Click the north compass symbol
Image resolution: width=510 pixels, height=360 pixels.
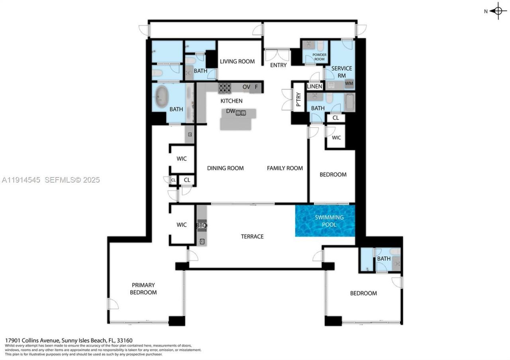[498, 11]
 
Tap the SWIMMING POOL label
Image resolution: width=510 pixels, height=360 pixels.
[329, 221]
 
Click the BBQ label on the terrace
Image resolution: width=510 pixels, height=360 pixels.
[201, 225]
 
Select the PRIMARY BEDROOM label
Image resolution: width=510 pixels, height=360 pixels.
[144, 289]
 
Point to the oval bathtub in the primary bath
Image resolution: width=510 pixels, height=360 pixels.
[162, 96]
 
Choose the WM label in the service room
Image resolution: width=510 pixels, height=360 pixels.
[349, 84]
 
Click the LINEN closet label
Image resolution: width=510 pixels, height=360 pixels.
[314, 86]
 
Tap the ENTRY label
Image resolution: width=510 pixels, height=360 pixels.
[278, 65]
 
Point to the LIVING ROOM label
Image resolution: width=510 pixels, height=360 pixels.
[237, 61]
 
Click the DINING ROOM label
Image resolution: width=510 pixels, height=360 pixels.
[225, 168]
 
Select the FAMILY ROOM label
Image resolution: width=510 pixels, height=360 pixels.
[285, 168]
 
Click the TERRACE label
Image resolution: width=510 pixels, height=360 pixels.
[252, 237]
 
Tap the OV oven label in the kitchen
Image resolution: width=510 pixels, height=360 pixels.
[246, 87]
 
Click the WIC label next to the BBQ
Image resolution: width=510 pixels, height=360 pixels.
[182, 225]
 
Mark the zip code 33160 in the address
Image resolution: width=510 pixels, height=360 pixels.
[125, 340]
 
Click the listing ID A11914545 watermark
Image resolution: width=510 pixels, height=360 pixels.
[21, 180]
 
